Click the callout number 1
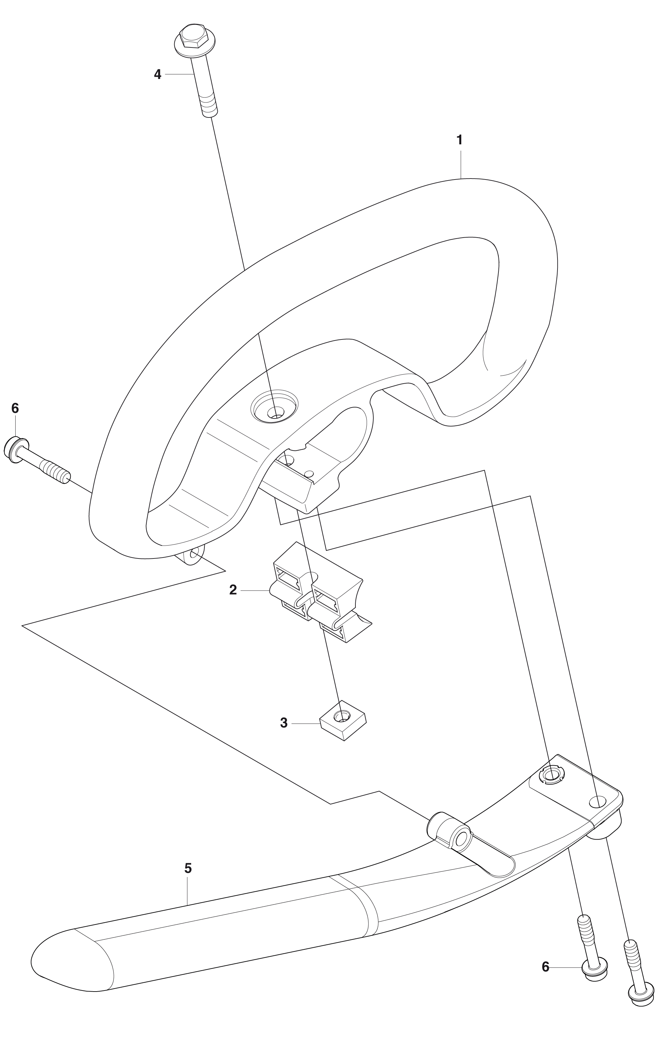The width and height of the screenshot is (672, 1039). [459, 140]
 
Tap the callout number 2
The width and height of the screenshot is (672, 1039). [233, 590]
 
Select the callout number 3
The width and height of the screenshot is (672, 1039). [284, 723]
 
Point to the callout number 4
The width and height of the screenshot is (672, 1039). [158, 75]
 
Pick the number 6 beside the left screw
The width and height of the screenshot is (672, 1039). [15, 408]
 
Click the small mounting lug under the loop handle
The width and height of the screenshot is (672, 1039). [192, 553]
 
